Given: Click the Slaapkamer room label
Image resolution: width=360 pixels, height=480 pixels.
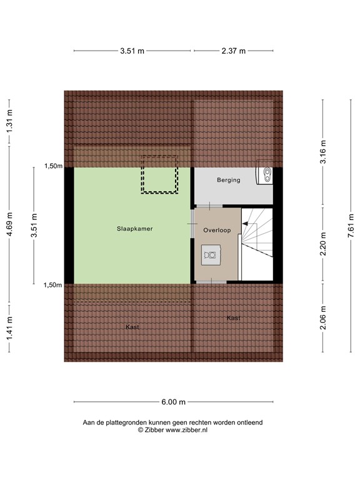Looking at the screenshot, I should click(x=134, y=229).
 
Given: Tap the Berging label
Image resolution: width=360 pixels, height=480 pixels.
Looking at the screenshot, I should click(x=228, y=180).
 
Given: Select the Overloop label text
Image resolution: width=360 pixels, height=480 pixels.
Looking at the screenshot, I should click(x=217, y=230).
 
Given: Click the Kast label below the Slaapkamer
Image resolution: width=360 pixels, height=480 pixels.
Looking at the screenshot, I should click(x=132, y=327).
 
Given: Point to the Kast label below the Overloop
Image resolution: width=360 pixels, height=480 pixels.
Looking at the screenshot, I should click(x=233, y=318).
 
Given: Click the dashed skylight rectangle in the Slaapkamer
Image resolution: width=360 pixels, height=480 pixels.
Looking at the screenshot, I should click(x=159, y=174).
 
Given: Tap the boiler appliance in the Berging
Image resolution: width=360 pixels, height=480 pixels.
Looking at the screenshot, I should click(x=266, y=175).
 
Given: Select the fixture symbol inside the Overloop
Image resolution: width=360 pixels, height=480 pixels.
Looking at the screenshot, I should click(x=211, y=255).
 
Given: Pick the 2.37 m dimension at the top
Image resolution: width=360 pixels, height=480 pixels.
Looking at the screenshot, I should click(x=234, y=51).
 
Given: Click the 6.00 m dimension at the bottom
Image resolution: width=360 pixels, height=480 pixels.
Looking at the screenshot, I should click(x=174, y=402).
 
